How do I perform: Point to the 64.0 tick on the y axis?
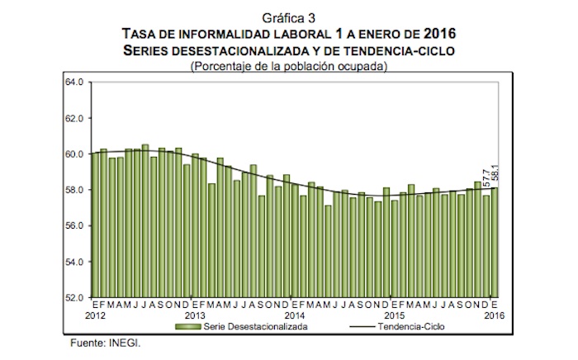tap(73, 83)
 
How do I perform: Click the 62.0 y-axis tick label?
tap(73, 118)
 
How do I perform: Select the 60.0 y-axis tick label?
tap(73, 154)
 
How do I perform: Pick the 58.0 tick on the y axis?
tap(73, 190)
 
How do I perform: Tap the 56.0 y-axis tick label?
tap(73, 225)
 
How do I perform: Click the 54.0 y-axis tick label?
tap(73, 262)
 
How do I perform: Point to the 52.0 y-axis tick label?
tap(73, 297)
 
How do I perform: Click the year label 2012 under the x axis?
tap(96, 316)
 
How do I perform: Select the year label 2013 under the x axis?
tap(196, 316)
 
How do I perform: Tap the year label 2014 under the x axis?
tap(295, 316)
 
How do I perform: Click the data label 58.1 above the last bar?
tap(495, 175)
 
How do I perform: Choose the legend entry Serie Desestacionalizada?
tap(247, 327)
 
